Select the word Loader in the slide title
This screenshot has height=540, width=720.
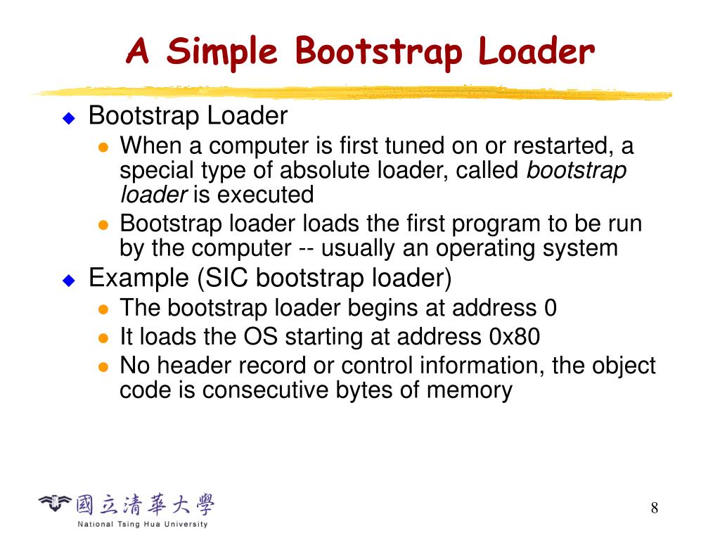[536, 53]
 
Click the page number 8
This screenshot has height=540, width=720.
[655, 508]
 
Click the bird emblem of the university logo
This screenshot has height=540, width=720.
[55, 502]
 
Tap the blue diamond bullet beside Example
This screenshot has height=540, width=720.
[68, 280]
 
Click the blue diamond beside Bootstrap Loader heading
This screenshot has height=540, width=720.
[68, 117]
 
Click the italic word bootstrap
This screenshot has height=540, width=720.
[576, 170]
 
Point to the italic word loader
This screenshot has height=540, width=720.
[153, 195]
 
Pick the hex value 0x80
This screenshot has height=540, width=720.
[514, 337]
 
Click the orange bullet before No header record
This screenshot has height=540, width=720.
[103, 366]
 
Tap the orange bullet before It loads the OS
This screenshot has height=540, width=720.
[103, 337]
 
